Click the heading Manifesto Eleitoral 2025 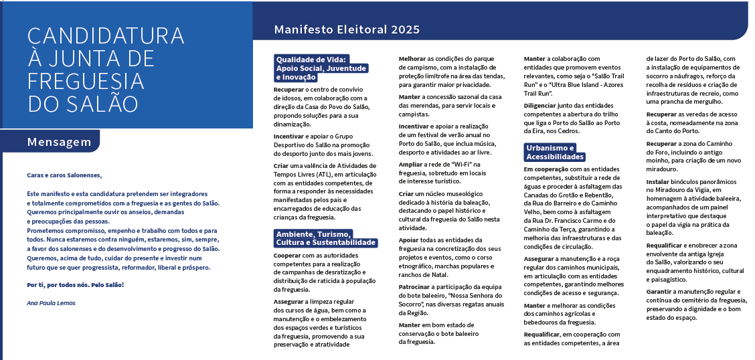click(x=347, y=29)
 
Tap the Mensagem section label click(x=59, y=142)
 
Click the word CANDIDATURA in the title click(x=106, y=35)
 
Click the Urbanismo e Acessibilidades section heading click(x=554, y=152)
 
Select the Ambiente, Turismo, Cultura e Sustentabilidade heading click(x=325, y=238)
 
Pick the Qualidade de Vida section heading click(x=321, y=68)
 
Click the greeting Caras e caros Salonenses click(x=65, y=175)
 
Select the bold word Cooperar click(x=288, y=254)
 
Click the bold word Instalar click(x=660, y=181)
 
